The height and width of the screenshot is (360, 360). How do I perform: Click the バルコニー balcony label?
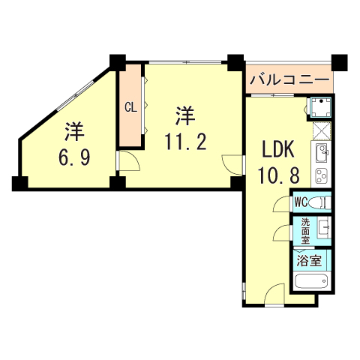tap(289, 79)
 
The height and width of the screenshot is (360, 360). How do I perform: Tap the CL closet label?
tap(130, 106)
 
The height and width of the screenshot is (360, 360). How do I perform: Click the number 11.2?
tap(184, 141)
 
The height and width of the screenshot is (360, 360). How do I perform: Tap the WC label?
tap(301, 202)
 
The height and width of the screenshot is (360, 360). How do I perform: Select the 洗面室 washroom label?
tap(305, 228)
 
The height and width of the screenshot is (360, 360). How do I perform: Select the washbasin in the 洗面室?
tap(325, 228)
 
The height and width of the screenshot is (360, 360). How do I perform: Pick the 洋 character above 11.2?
tap(185, 115)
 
